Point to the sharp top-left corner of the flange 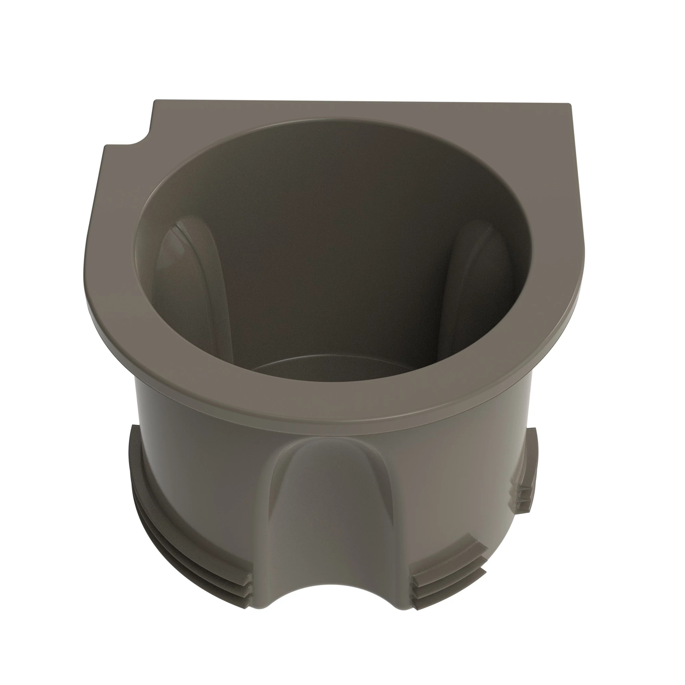coord(155,102)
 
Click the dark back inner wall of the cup coord(330,213)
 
